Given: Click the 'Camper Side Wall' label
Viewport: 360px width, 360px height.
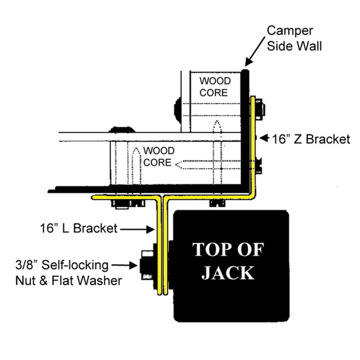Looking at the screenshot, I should click(294, 37).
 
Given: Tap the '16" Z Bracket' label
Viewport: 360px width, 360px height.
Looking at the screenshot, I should click(310, 140).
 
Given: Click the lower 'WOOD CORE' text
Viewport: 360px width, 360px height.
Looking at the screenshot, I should click(155, 155).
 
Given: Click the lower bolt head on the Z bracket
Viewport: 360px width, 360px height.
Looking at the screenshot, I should click(260, 164).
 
